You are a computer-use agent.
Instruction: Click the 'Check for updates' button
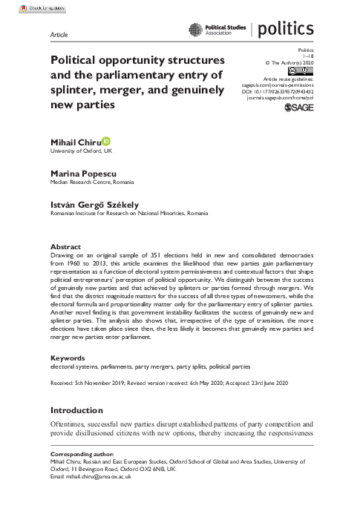coord(22,7)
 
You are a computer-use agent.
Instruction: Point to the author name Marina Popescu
coord(81,171)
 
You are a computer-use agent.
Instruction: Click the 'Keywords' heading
coord(68,358)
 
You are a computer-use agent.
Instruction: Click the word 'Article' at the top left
coord(58,35)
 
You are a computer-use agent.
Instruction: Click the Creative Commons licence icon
coord(302,67)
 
